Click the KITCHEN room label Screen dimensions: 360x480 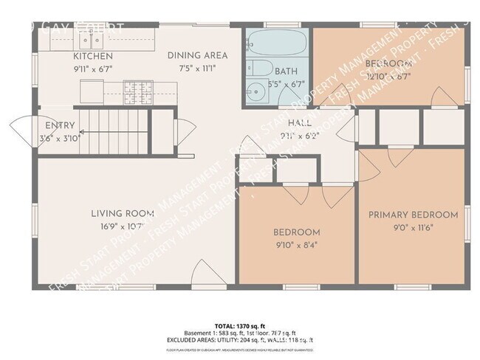(93, 56)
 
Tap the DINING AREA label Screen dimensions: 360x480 (197, 55)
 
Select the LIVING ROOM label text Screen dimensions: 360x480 (122, 214)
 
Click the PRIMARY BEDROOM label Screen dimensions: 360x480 (414, 215)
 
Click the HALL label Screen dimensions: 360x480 (298, 123)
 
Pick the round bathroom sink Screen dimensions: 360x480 (256, 92)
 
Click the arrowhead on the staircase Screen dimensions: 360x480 (80, 133)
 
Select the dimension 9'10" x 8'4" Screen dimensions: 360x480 (298, 245)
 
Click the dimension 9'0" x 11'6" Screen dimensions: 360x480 (413, 228)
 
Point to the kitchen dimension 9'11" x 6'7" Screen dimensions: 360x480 (92, 69)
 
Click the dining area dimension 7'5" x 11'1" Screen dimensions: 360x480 (197, 69)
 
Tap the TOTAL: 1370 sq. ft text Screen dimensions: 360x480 (240, 325)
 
